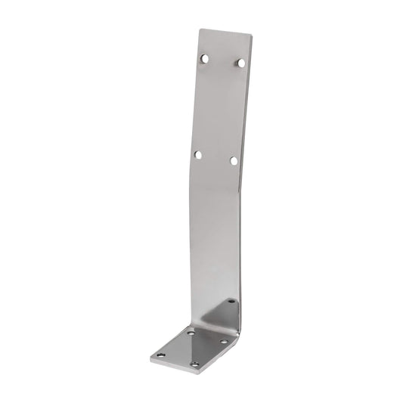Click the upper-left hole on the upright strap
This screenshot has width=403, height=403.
point(204,57)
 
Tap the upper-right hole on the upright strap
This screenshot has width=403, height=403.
point(240,63)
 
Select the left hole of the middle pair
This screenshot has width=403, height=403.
point(198,154)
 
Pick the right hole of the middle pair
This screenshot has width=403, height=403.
point(234,160)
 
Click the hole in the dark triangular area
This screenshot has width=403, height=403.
point(231,302)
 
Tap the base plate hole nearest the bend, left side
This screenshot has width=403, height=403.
point(191,332)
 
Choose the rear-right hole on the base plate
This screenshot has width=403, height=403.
point(224,342)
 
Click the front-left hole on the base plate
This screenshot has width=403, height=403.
point(160,355)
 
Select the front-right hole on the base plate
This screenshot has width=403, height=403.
point(194,364)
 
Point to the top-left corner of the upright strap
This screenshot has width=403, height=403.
point(200,30)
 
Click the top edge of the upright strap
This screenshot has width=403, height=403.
point(224,33)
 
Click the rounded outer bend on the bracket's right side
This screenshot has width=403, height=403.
point(235,333)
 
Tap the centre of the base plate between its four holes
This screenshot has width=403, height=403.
point(192,348)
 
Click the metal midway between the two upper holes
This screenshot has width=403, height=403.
point(222,60)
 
